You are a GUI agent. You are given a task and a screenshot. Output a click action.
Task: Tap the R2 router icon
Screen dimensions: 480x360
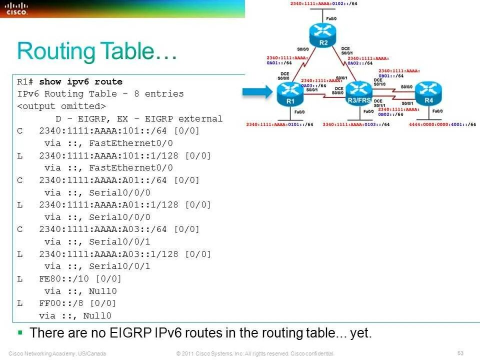tap(323, 33)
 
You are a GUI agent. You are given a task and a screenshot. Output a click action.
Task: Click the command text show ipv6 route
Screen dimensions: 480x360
tap(80, 82)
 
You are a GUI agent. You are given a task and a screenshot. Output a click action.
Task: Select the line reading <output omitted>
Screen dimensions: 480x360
tap(61, 106)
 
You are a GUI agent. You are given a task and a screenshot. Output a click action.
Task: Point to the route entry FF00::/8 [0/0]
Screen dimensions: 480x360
tap(77, 303)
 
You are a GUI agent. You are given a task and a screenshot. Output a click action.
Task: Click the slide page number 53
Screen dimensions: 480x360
tap(460, 353)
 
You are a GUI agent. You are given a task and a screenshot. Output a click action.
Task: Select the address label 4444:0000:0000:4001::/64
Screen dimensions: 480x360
tap(442, 124)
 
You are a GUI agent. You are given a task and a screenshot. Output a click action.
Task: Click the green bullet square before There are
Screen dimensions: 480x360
tap(20, 331)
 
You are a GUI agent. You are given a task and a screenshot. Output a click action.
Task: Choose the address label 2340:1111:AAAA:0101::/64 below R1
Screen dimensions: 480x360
tap(280, 124)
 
